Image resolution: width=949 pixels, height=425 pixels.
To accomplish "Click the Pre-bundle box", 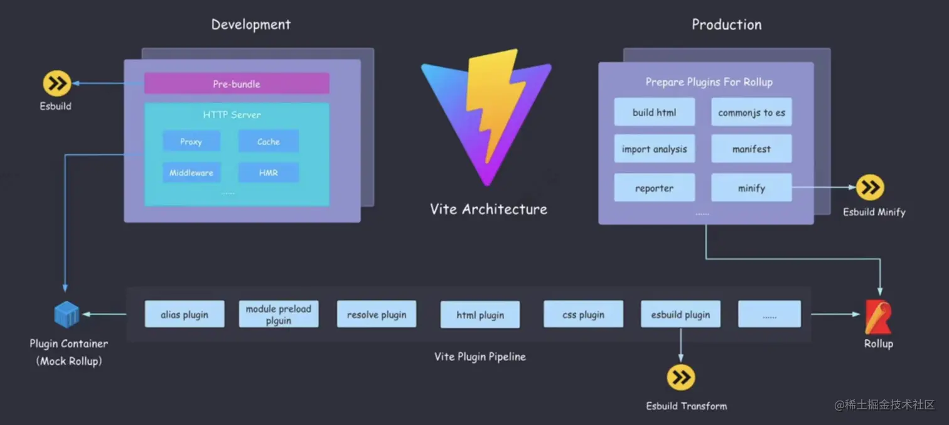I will [x=237, y=83].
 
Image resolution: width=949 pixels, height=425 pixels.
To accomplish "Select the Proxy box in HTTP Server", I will [x=191, y=141].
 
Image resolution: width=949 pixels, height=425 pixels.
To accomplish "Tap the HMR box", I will [x=268, y=173].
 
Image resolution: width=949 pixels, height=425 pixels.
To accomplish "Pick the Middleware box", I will [x=191, y=173].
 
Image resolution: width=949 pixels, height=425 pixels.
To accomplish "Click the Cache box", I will [x=268, y=141].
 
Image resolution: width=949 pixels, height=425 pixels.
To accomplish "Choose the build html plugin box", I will [x=654, y=112].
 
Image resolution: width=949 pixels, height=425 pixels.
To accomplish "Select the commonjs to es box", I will [x=751, y=112].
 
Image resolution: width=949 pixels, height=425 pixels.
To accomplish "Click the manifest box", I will [x=751, y=149].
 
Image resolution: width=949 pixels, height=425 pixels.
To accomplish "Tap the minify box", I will [x=751, y=188].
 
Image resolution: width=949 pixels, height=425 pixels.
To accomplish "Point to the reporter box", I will [x=654, y=188].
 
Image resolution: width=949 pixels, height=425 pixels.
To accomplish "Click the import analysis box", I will [x=654, y=149].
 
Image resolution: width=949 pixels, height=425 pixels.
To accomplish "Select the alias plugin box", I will [x=185, y=314].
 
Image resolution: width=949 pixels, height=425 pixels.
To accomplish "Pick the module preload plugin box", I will [x=279, y=314].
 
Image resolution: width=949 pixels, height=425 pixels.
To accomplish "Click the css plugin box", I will [x=583, y=314].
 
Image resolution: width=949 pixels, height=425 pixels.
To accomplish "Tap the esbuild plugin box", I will [x=680, y=314].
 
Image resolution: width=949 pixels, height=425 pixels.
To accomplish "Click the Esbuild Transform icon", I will [x=681, y=377].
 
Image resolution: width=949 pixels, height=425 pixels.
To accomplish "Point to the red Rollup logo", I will [x=877, y=318].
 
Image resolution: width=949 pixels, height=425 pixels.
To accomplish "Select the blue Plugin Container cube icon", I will [x=67, y=314].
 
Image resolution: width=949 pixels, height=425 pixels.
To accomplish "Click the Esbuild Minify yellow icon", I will [x=870, y=187].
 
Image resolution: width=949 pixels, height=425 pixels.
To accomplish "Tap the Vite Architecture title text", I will [x=488, y=209].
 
